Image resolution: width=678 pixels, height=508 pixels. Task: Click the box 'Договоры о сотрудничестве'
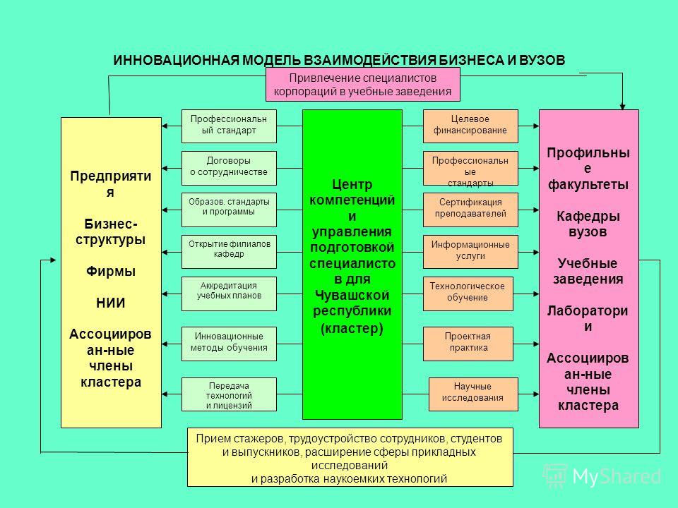pos(229,168)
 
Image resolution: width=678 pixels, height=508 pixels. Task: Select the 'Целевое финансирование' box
pos(470,126)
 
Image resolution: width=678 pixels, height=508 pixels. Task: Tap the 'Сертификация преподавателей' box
pos(470,210)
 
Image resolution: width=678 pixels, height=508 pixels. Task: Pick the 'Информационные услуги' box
pos(470,252)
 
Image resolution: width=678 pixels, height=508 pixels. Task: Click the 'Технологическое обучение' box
pos(468,294)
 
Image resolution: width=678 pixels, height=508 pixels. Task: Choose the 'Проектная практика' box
pos(468,344)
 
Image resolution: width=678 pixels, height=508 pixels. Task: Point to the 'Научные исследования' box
pos(473,394)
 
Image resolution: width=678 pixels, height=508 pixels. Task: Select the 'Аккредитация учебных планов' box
pos(229,294)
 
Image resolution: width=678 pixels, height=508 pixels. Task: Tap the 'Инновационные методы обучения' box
pos(229,344)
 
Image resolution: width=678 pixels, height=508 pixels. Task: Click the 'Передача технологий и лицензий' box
pos(229,394)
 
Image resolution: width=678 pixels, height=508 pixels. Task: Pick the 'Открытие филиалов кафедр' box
pos(229,252)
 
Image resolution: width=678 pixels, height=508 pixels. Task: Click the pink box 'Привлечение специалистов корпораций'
pos(363,85)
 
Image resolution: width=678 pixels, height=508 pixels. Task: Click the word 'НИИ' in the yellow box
pos(111,303)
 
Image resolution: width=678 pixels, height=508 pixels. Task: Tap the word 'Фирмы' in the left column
pos(111,271)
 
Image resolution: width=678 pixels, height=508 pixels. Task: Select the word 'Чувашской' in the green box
pos(352,296)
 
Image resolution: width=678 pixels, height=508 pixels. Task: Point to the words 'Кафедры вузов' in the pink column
pos(588,224)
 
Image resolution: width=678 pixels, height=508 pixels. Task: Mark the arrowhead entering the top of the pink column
pos(623,107)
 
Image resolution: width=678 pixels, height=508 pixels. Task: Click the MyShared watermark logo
pos(602,476)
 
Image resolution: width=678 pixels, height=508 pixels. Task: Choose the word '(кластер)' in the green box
pos(352,329)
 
